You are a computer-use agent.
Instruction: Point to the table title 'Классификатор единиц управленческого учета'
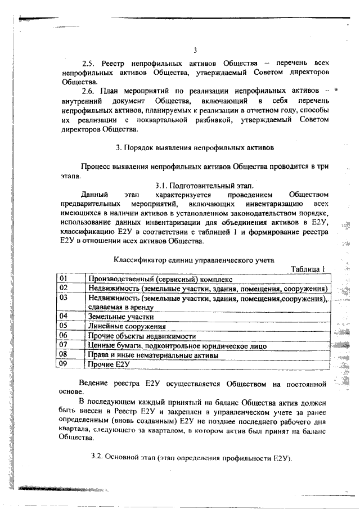(x=194, y=260)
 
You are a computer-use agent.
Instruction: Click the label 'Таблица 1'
(x=308, y=268)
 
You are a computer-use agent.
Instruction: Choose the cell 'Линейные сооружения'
(x=127, y=326)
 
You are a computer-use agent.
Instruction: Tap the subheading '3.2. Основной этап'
(x=123, y=458)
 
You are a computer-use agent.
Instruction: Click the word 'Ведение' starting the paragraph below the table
(x=94, y=384)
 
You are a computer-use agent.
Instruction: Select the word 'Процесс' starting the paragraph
(x=96, y=166)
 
